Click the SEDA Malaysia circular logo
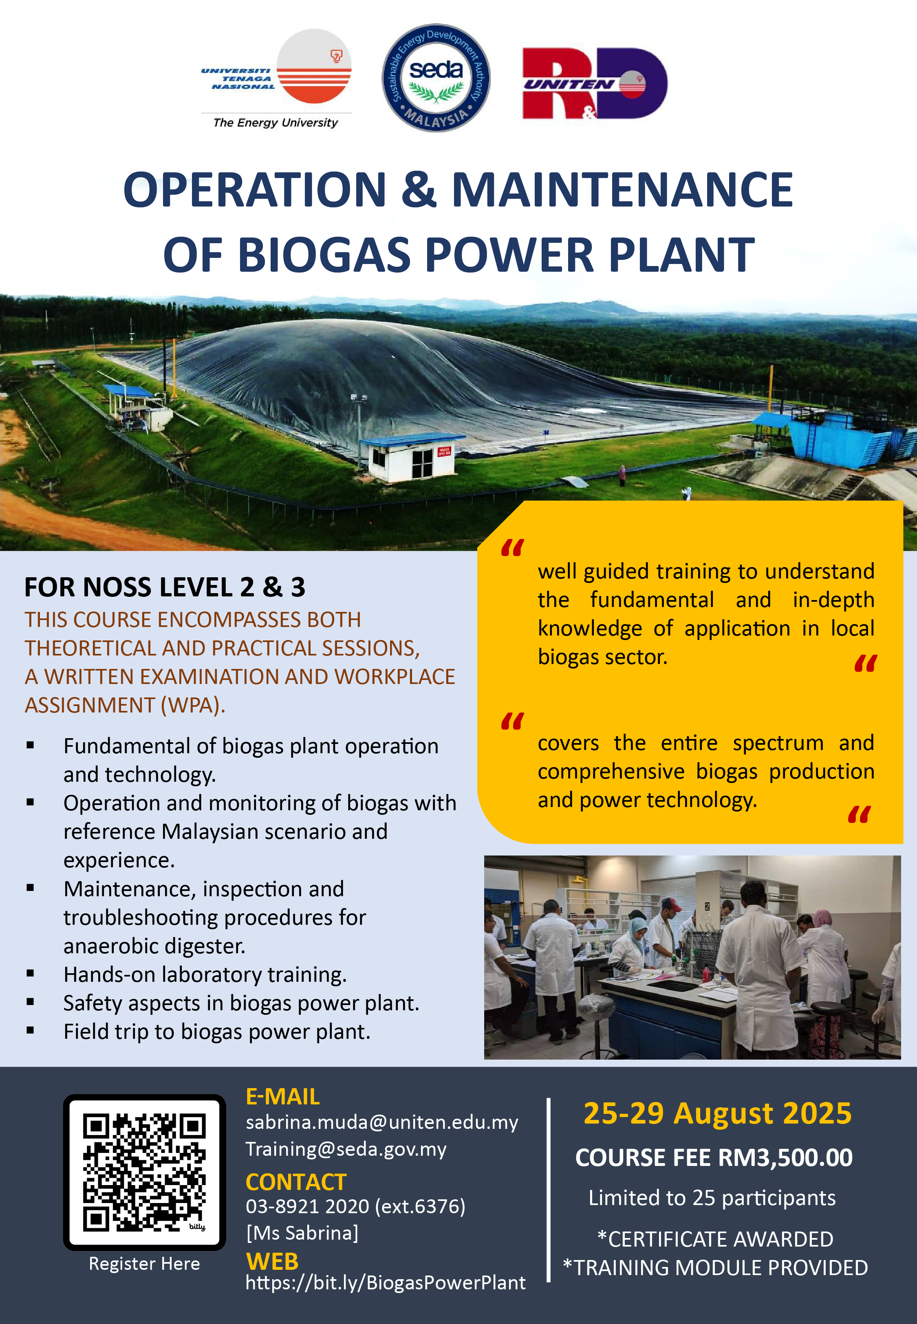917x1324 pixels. click(x=436, y=77)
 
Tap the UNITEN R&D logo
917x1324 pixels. click(x=595, y=83)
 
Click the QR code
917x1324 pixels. click(x=144, y=1172)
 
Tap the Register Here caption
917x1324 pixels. click(x=144, y=1263)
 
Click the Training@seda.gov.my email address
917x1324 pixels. click(x=346, y=1149)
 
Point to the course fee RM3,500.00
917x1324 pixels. click(x=785, y=1157)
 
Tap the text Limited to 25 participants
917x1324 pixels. click(x=712, y=1198)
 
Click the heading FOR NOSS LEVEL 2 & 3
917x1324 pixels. click(x=165, y=587)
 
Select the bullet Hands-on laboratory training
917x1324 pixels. click(x=205, y=974)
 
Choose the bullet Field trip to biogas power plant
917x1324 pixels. click(x=217, y=1032)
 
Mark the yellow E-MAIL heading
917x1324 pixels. click(x=283, y=1097)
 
